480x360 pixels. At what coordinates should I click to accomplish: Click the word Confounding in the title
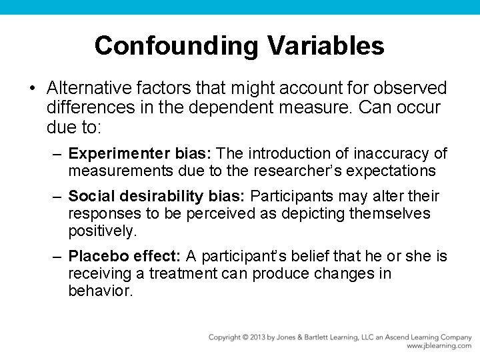[177, 46]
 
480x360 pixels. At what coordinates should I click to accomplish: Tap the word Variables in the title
[326, 46]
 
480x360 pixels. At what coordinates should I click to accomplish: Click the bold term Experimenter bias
[140, 154]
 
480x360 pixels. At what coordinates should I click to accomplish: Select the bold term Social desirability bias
[157, 196]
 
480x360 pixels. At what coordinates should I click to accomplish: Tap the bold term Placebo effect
[124, 256]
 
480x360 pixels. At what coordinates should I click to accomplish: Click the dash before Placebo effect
[58, 256]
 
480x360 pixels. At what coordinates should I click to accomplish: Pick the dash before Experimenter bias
[58, 154]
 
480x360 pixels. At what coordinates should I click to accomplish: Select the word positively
[102, 231]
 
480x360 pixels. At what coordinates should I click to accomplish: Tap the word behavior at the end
[101, 291]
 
